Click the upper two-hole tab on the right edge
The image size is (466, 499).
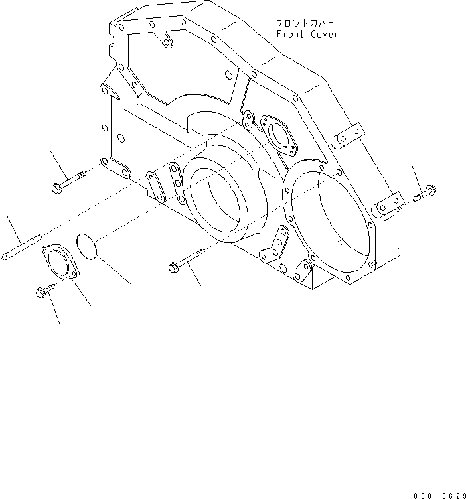click(349, 136)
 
